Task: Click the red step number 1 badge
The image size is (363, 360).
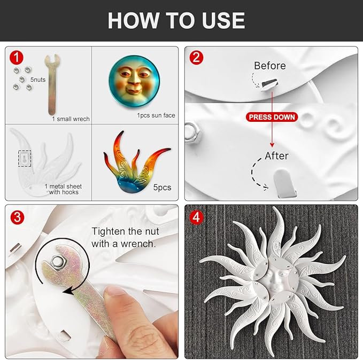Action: [17, 58]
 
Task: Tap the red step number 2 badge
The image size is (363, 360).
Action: [196, 58]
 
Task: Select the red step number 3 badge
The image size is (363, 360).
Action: [17, 217]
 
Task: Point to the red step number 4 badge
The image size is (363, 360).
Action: [196, 217]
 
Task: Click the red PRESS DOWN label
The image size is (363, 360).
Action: [272, 117]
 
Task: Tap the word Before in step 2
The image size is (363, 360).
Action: [269, 66]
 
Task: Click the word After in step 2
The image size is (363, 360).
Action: [276, 156]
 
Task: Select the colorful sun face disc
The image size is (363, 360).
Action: [134, 81]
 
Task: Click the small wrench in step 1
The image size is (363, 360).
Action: [52, 85]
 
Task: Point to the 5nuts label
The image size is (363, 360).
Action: [38, 80]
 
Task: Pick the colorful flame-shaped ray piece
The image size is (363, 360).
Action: [136, 162]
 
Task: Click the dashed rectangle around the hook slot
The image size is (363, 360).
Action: [25, 159]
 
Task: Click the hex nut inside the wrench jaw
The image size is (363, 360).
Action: [57, 262]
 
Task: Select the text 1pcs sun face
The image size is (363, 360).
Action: [156, 115]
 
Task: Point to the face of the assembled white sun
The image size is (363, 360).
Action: [275, 280]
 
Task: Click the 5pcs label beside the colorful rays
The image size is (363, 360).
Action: [162, 187]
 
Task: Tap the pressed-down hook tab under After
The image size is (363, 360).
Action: [283, 183]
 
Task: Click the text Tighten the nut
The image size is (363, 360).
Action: [125, 231]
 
